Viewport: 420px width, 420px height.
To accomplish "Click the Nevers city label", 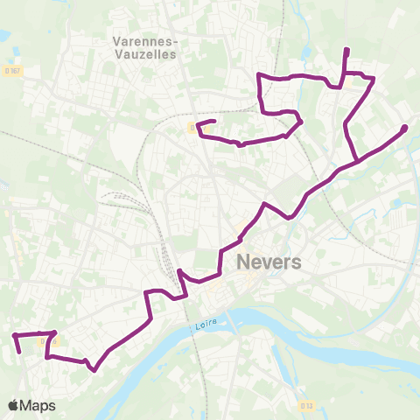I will click(269, 262).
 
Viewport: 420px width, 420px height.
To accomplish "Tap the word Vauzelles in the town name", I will click(144, 54).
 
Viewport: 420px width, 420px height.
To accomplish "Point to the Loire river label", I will click(203, 326).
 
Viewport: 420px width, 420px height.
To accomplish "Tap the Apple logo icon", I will click(13, 405).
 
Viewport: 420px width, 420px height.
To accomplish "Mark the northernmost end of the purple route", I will click(347, 50).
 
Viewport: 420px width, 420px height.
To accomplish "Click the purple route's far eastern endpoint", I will click(405, 129).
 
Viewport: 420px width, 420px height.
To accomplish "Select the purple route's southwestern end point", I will click(19, 352).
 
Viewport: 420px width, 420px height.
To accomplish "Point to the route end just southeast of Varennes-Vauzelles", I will click(213, 121).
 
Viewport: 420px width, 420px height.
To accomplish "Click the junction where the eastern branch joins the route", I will click(357, 160).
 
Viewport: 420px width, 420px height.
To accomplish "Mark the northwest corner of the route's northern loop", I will click(258, 77).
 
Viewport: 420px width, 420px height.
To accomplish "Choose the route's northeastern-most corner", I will click(374, 80).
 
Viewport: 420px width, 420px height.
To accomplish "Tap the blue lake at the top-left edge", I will click(4, 36).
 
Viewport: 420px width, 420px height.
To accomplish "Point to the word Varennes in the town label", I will click(144, 40).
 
